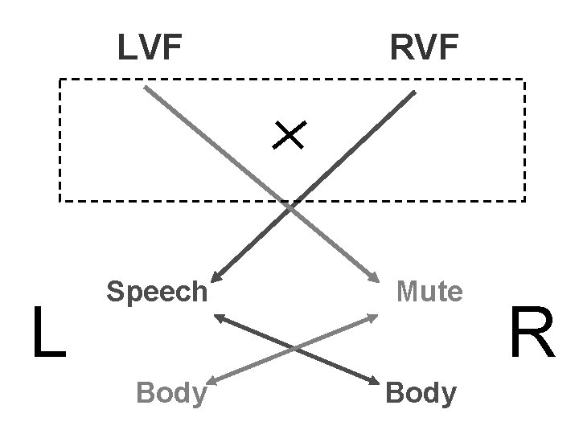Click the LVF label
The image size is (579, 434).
pyautogui.click(x=150, y=48)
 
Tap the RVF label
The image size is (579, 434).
pyautogui.click(x=425, y=48)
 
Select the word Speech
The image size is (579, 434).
pyautogui.click(x=157, y=292)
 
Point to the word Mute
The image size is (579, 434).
pyautogui.click(x=429, y=292)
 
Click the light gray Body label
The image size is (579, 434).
pyautogui.click(x=172, y=393)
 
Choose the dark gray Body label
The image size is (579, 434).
pyautogui.click(x=421, y=393)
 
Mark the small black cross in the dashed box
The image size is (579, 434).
pyautogui.click(x=288, y=135)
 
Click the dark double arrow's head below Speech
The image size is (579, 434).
pyautogui.click(x=219, y=318)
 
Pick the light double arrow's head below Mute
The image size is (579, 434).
pyautogui.click(x=372, y=316)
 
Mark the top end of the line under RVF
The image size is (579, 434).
pyautogui.click(x=414, y=92)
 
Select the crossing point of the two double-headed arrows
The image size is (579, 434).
pyautogui.click(x=295, y=349)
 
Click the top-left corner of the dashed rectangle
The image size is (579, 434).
pyautogui.click(x=60, y=79)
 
